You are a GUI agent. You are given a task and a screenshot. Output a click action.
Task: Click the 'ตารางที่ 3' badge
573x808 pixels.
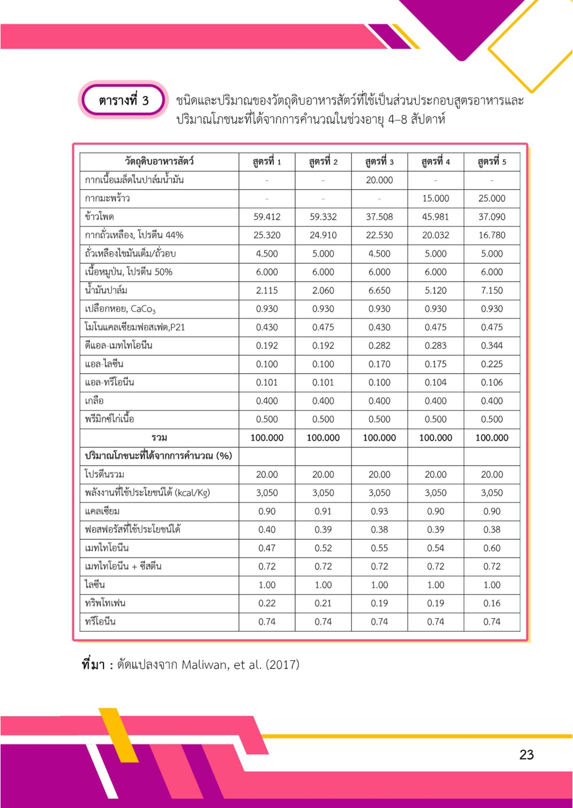click(x=124, y=100)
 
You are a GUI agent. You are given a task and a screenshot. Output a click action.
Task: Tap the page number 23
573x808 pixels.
click(x=526, y=754)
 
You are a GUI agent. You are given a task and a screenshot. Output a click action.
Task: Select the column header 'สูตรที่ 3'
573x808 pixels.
click(x=379, y=162)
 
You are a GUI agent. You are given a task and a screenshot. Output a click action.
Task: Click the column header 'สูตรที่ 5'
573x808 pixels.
click(x=491, y=162)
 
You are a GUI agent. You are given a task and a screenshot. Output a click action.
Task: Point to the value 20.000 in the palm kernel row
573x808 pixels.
click(x=379, y=180)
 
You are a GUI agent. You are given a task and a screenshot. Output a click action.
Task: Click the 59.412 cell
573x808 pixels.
click(x=267, y=217)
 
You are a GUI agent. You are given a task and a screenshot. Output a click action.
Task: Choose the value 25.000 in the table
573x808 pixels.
click(x=491, y=198)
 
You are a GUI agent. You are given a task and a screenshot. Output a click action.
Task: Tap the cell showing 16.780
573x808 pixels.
click(x=491, y=235)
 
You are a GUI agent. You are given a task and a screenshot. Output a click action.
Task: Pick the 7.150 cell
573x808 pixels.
click(x=491, y=291)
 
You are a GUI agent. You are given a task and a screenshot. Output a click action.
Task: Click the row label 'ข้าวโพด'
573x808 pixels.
click(x=100, y=217)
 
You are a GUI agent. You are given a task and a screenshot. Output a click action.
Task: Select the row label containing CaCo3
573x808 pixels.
click(x=120, y=309)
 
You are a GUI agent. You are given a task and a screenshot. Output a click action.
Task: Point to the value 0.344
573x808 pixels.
click(x=491, y=346)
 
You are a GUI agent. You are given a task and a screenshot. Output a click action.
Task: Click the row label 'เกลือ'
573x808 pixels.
click(x=94, y=401)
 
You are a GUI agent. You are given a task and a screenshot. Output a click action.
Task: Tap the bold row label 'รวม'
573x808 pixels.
click(x=159, y=438)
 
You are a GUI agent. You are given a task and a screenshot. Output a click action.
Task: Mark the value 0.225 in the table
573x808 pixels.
click(x=491, y=364)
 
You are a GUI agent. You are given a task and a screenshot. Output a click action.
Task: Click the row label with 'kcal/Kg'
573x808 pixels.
click(x=148, y=493)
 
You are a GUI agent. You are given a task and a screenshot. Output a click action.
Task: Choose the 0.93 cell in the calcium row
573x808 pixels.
click(x=379, y=511)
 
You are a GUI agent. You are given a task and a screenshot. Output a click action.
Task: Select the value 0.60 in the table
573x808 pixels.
click(x=491, y=548)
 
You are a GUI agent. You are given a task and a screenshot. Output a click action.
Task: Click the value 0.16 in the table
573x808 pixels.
click(x=491, y=603)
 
